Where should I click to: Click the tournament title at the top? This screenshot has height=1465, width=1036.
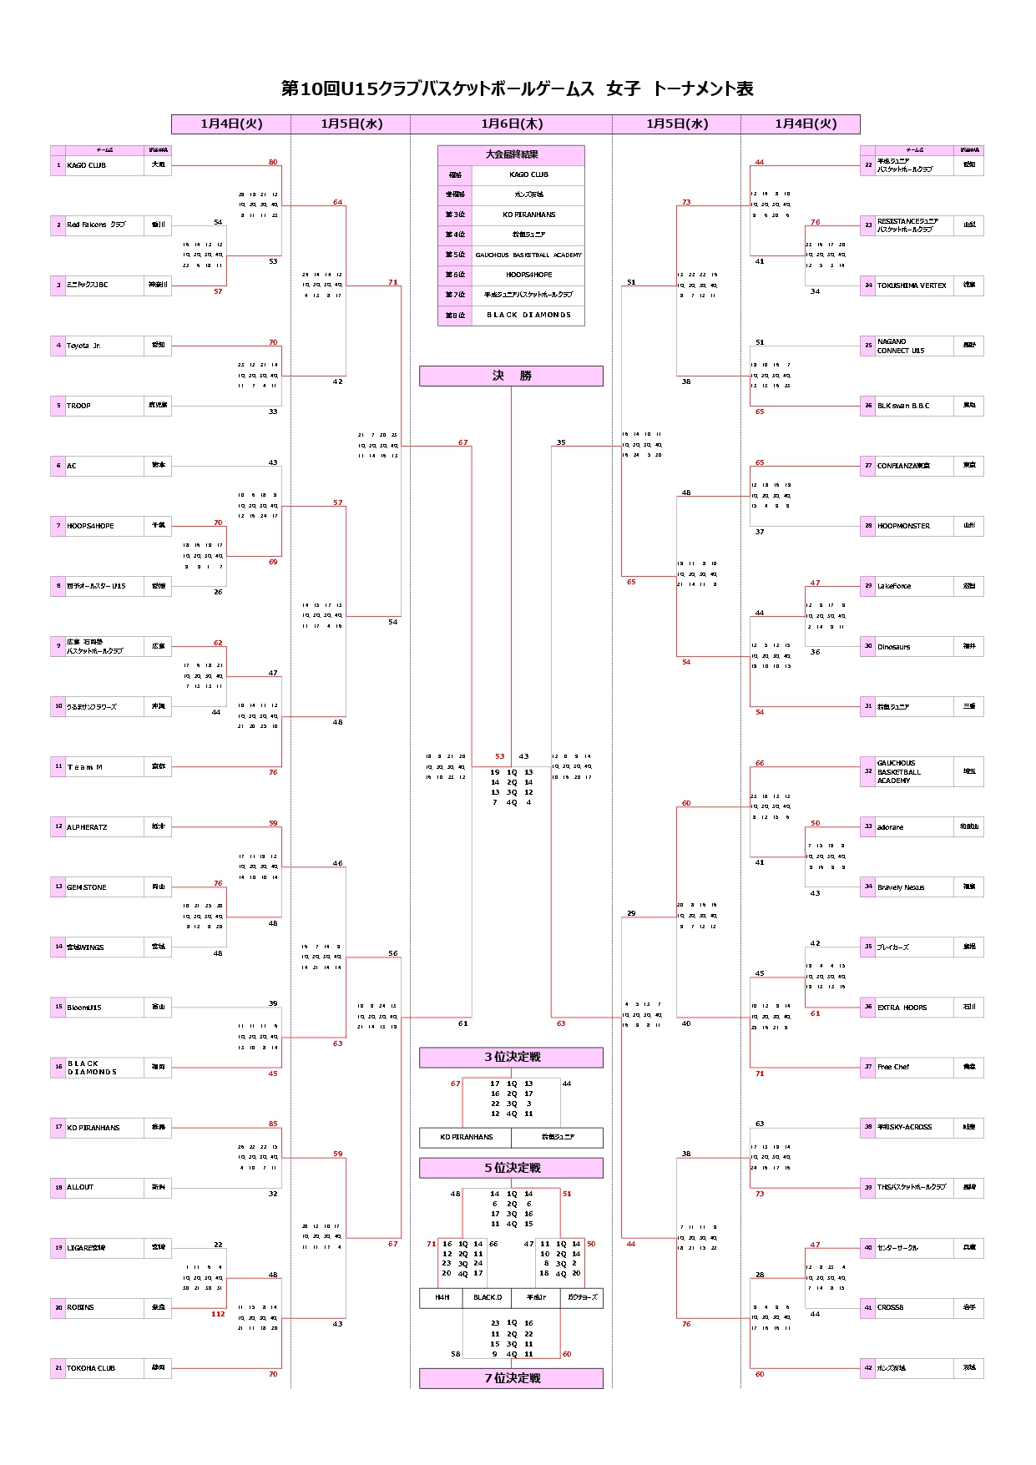(x=517, y=88)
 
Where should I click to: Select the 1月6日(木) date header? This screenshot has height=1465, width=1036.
(x=511, y=124)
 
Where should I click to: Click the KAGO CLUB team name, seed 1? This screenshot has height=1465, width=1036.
(x=87, y=165)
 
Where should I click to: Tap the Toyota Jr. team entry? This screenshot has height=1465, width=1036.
(x=83, y=346)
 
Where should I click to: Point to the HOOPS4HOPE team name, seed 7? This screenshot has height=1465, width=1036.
(x=90, y=526)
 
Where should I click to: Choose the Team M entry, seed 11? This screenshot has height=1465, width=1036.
(x=85, y=767)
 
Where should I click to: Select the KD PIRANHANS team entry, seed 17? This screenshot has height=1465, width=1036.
(x=93, y=1128)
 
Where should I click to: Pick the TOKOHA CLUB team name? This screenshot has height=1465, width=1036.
(x=91, y=1368)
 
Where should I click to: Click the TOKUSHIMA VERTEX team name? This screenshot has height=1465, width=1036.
(x=912, y=285)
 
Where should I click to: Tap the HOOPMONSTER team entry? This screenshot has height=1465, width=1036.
(x=903, y=526)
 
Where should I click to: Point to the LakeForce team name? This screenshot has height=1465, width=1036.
(x=894, y=586)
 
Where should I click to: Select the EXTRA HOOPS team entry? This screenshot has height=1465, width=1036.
(x=902, y=1008)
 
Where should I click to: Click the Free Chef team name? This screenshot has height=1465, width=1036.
(x=893, y=1067)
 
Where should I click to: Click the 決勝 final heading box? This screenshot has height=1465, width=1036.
(x=511, y=376)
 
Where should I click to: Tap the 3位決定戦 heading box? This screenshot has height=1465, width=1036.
(x=511, y=1057)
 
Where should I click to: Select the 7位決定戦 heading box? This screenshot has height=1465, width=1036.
(x=511, y=1378)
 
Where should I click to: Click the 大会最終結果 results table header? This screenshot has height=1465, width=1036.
(x=511, y=154)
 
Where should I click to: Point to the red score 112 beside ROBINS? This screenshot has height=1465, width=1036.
(x=218, y=1314)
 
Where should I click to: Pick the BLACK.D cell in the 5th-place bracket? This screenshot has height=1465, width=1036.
(x=488, y=1298)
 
